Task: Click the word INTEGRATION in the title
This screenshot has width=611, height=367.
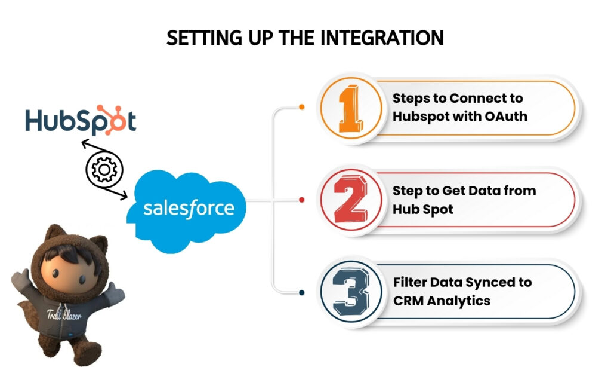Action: pyautogui.click(x=382, y=38)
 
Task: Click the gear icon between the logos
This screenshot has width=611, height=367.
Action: pyautogui.click(x=104, y=170)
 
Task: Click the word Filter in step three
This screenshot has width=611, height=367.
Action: pyautogui.click(x=411, y=282)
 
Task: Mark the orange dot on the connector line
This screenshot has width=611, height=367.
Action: pyautogui.click(x=301, y=108)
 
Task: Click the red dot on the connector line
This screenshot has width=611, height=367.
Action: pyautogui.click(x=301, y=200)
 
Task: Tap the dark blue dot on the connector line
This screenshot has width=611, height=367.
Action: pyautogui.click(x=301, y=292)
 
